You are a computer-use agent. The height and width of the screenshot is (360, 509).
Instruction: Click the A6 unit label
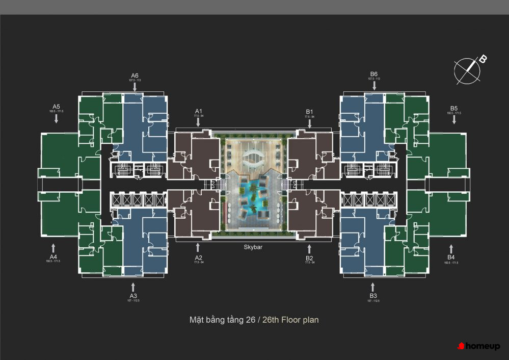(x=135, y=75)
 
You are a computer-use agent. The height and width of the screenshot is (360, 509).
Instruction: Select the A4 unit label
(x=53, y=256)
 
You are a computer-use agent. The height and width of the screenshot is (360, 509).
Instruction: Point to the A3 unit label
(x=133, y=296)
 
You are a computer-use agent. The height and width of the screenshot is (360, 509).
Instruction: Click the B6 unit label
(x=374, y=74)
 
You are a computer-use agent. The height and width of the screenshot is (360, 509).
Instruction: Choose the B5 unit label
(x=454, y=108)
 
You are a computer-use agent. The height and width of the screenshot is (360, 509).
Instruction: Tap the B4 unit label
(x=451, y=257)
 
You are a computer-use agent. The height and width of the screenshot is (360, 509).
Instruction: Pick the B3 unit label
(x=373, y=296)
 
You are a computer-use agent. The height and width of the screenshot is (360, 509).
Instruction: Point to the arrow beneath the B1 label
(x=309, y=123)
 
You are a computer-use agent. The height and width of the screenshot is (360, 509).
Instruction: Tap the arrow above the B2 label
(x=309, y=248)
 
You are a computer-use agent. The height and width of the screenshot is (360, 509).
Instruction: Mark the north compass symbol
(x=468, y=71)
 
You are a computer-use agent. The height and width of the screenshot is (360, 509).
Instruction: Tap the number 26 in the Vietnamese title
(x=250, y=320)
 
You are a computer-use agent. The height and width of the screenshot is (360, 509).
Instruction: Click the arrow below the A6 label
(x=135, y=87)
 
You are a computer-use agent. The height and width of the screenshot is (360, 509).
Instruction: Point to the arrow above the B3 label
(x=373, y=286)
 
